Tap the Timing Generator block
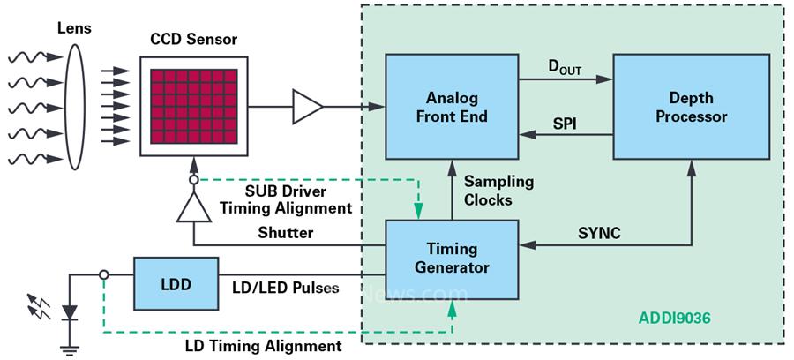pyautogui.click(x=451, y=257)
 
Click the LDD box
pyautogui.click(x=176, y=283)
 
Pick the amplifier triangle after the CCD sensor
pyautogui.click(x=307, y=107)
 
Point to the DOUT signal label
pyautogui.click(x=566, y=67)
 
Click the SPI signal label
pyautogui.click(x=565, y=124)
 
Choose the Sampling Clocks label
pyautogui.click(x=499, y=191)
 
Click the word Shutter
pyautogui.click(x=285, y=232)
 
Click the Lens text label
pyautogui.click(x=74, y=28)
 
